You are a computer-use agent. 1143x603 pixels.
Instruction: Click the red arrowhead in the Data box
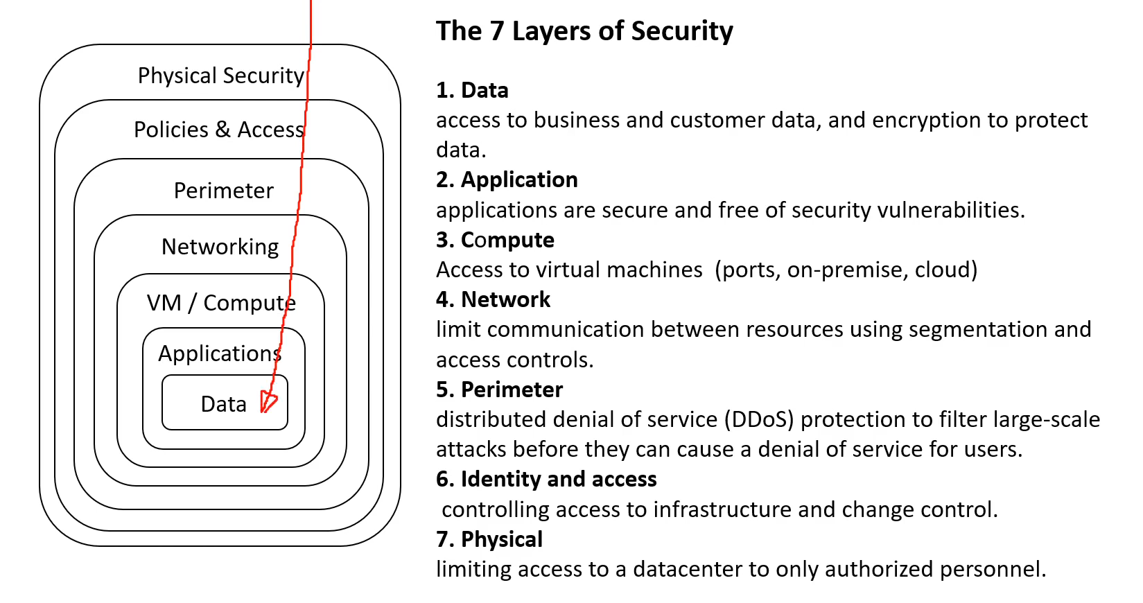pyautogui.click(x=268, y=401)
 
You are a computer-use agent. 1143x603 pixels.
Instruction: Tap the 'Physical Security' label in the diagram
pyautogui.click(x=221, y=76)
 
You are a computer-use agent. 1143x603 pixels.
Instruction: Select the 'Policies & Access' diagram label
pyautogui.click(x=219, y=130)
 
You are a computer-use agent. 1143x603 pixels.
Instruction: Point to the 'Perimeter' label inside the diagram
pyautogui.click(x=223, y=191)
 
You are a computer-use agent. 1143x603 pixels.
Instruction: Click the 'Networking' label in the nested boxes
pyautogui.click(x=220, y=247)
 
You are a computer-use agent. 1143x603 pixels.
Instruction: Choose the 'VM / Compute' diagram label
pyautogui.click(x=221, y=303)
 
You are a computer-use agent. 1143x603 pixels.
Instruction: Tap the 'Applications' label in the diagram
pyautogui.click(x=220, y=353)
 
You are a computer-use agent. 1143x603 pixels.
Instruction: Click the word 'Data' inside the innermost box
pyautogui.click(x=223, y=404)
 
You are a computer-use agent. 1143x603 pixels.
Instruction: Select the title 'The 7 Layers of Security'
pyautogui.click(x=584, y=31)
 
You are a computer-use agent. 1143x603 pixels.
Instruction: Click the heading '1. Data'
pyautogui.click(x=472, y=90)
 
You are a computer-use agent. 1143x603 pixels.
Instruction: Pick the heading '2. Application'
pyautogui.click(x=507, y=180)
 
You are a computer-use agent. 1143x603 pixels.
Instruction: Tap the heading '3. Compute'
pyautogui.click(x=495, y=241)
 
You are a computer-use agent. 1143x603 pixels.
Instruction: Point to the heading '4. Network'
pyautogui.click(x=493, y=299)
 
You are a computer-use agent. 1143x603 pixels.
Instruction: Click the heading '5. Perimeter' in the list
pyautogui.click(x=499, y=390)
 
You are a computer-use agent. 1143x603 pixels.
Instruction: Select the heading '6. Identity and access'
pyautogui.click(x=546, y=480)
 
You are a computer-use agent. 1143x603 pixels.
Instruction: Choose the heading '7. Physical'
pyautogui.click(x=489, y=539)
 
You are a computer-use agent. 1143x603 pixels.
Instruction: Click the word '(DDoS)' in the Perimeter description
pyautogui.click(x=760, y=420)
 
